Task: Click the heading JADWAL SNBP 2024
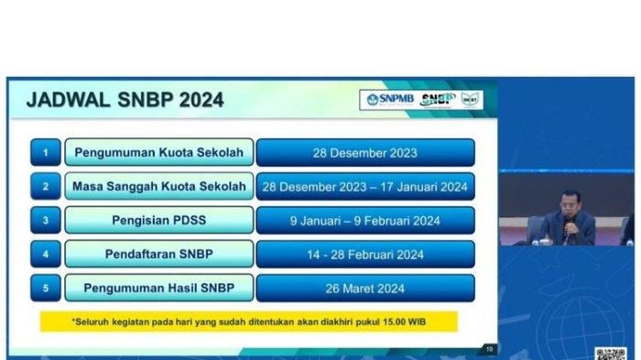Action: (x=125, y=101)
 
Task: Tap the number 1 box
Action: (x=46, y=152)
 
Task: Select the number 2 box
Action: (x=46, y=187)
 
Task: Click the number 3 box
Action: (x=46, y=221)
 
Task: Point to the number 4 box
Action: (x=46, y=255)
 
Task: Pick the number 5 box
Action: (x=46, y=289)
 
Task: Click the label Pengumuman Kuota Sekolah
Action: (x=159, y=152)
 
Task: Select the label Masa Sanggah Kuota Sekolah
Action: (x=159, y=187)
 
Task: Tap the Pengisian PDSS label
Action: (x=159, y=221)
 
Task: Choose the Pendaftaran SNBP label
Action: (x=159, y=255)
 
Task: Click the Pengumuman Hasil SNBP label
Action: (x=159, y=289)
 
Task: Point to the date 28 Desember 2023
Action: (x=364, y=152)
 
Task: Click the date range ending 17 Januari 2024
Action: (x=364, y=187)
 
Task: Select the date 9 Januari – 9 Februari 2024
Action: (x=364, y=221)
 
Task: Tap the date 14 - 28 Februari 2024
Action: (x=364, y=255)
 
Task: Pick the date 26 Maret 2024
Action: (x=364, y=289)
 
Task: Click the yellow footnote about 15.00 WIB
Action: (x=248, y=322)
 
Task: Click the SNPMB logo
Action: (x=389, y=100)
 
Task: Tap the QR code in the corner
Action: (x=610, y=354)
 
